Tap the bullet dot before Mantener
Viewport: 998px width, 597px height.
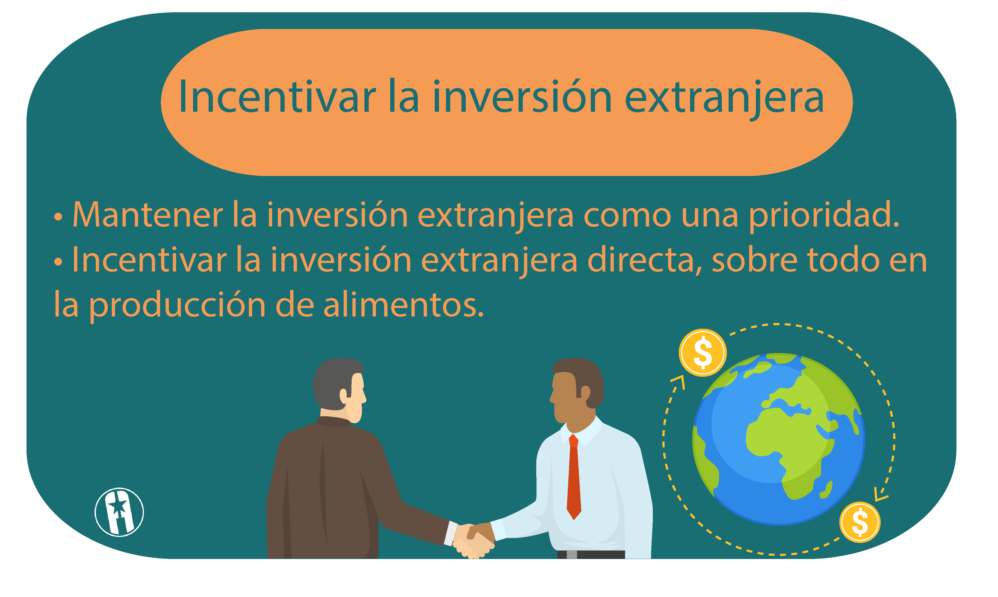pos(58,217)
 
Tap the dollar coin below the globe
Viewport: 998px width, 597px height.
pos(860,522)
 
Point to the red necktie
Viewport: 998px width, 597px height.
pos(574,477)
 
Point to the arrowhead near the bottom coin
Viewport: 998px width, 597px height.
pos(881,495)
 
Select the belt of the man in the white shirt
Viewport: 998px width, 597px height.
pos(591,554)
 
